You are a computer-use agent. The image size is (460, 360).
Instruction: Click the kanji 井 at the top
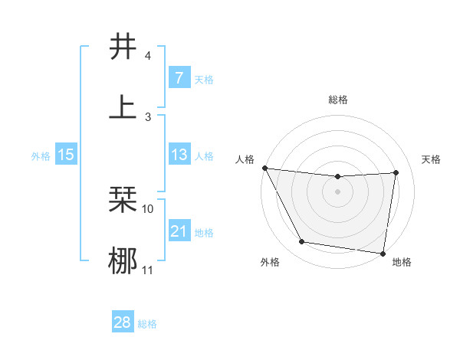(x=123, y=47)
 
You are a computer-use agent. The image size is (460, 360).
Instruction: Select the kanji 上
(x=123, y=106)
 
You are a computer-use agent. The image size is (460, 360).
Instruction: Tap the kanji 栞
(x=123, y=200)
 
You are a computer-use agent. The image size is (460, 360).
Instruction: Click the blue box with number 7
(x=179, y=77)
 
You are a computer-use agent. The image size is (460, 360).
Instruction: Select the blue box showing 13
(x=179, y=155)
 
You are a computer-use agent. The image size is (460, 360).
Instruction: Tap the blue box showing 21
(x=179, y=231)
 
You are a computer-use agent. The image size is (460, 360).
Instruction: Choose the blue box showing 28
(x=122, y=322)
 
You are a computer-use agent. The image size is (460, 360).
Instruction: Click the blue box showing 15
(x=66, y=155)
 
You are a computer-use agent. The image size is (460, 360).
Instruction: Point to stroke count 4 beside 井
(x=147, y=56)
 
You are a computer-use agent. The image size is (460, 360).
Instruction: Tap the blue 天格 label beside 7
(x=204, y=79)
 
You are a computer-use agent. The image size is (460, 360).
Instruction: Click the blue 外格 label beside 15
(x=41, y=156)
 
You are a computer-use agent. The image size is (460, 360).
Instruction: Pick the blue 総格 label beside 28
(x=147, y=324)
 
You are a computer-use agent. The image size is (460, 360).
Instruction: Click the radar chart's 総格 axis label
(x=338, y=100)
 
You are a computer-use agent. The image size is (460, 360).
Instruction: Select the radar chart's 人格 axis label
(x=246, y=159)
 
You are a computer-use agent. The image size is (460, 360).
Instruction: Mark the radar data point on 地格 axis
(x=383, y=253)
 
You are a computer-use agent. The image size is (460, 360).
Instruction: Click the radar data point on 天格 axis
(x=396, y=172)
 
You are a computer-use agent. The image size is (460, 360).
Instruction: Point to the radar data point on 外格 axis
(x=301, y=243)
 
